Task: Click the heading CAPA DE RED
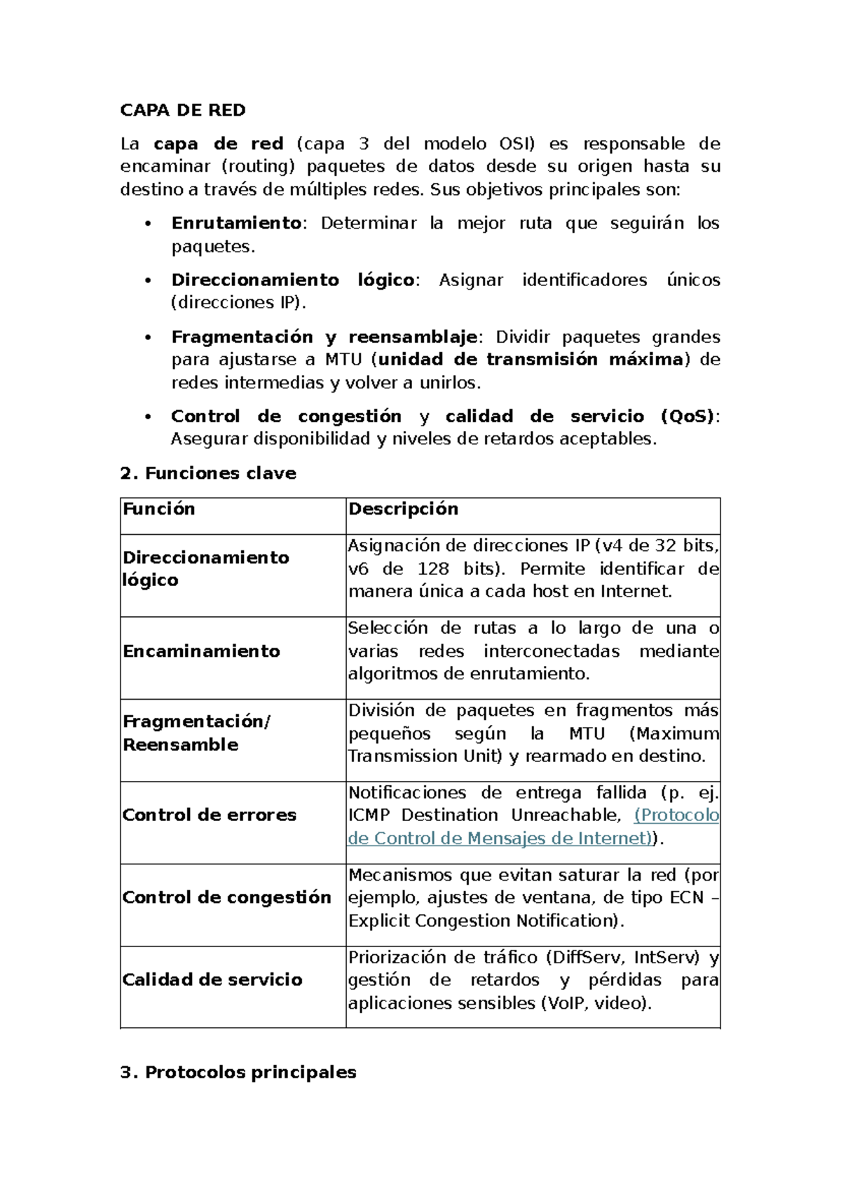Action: (183, 110)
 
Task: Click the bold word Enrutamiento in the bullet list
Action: (236, 223)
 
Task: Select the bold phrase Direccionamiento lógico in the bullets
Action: (292, 280)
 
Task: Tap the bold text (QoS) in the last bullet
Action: (688, 416)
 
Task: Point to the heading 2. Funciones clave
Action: (208, 473)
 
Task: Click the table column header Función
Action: (159, 509)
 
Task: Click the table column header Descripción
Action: (403, 509)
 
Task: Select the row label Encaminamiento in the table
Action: (201, 651)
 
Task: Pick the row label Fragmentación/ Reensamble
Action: (196, 733)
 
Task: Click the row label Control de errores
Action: (209, 815)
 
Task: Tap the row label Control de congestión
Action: (226, 897)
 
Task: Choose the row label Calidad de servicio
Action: (212, 979)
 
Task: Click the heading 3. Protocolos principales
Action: (238, 1072)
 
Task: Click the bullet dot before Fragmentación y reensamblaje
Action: (147, 338)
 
